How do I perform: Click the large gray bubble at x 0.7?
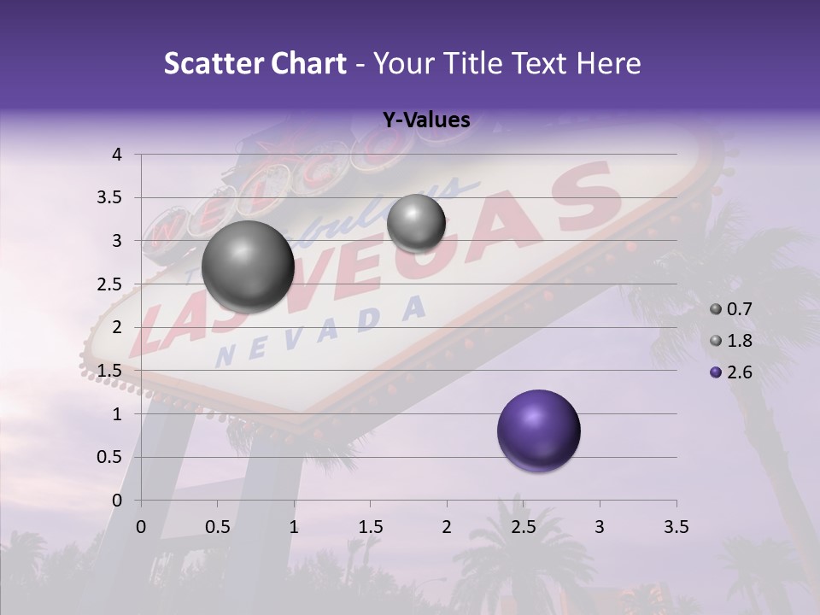[249, 266]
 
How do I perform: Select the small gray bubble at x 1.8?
[416, 223]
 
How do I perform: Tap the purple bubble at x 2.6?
[539, 430]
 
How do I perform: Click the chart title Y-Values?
[426, 120]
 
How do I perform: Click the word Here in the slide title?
[609, 63]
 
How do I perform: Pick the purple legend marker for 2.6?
[716, 372]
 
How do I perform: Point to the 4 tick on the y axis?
[118, 155]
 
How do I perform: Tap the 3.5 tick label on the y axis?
[110, 197]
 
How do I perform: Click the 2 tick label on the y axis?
[118, 327]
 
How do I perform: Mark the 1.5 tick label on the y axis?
[110, 371]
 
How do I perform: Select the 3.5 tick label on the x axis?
[676, 527]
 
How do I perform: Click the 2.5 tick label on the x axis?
[523, 527]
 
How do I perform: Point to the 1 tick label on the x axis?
[294, 527]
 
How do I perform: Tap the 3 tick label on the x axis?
[600, 527]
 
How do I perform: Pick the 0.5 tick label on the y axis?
[110, 457]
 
